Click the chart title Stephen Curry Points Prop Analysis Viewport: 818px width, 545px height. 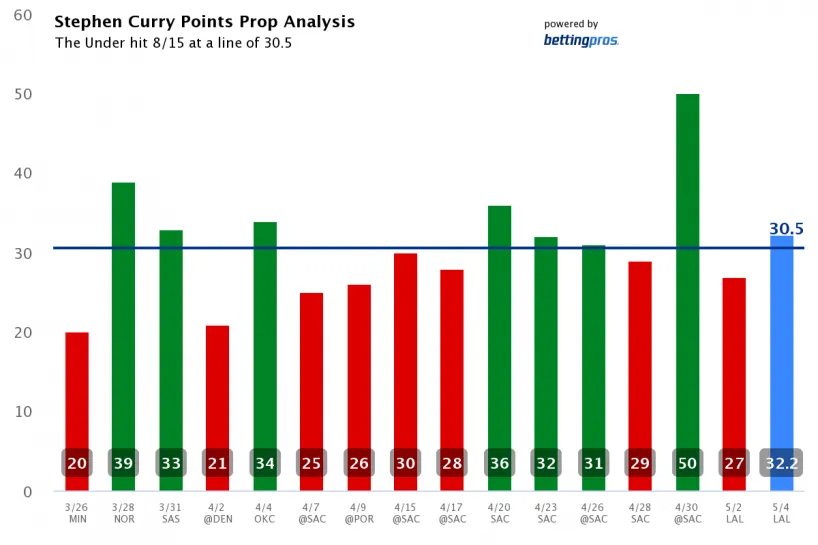click(x=204, y=22)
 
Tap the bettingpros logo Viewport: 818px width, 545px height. click(x=581, y=40)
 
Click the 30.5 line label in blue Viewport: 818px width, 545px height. click(x=786, y=229)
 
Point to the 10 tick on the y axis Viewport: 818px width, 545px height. click(x=22, y=412)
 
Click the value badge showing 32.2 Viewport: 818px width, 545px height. click(x=781, y=464)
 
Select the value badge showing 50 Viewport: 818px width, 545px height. click(x=687, y=464)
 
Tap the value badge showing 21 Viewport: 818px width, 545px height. click(x=218, y=464)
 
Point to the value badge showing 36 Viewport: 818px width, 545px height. click(x=499, y=464)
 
